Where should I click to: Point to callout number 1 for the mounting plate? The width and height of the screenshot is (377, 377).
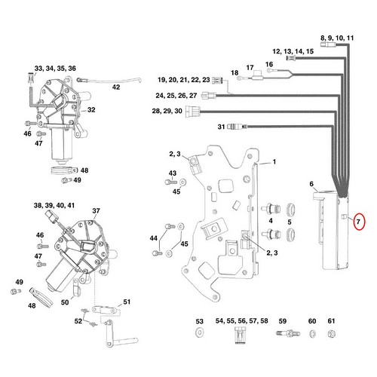[x=274, y=162]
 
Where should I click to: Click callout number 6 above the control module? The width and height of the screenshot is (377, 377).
[x=311, y=183]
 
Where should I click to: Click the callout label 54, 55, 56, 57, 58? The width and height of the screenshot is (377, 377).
[x=242, y=321]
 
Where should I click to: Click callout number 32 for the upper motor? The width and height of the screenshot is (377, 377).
[x=90, y=110]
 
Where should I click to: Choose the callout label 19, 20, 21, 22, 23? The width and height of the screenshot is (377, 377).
[x=184, y=79]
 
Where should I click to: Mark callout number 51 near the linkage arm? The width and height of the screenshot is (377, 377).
[x=127, y=303]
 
